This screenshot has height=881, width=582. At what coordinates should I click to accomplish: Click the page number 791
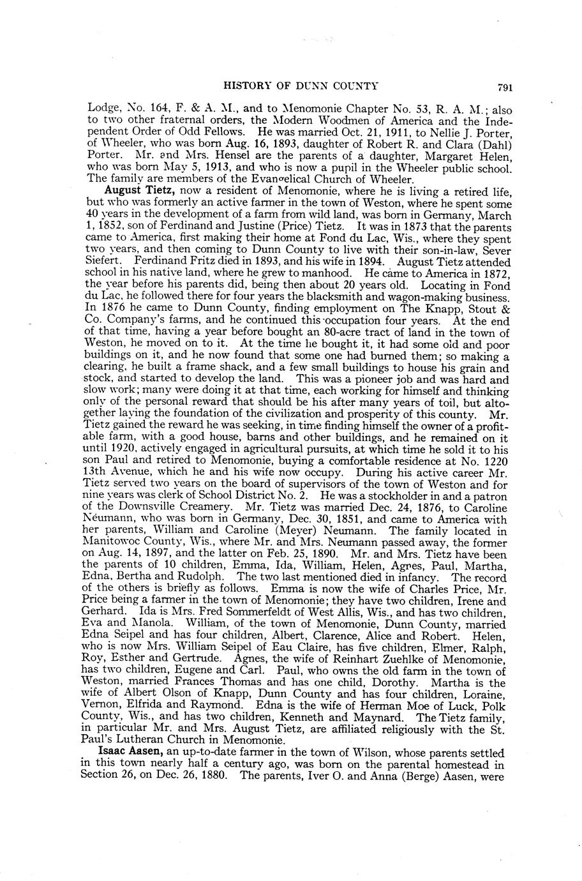[507, 87]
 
